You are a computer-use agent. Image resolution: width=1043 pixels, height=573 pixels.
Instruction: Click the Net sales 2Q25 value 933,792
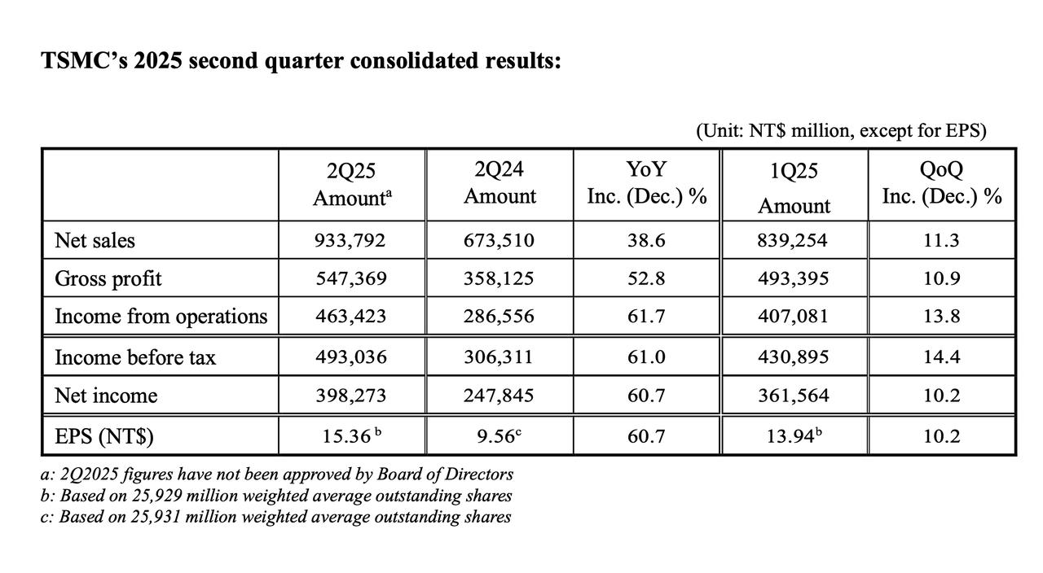(x=350, y=240)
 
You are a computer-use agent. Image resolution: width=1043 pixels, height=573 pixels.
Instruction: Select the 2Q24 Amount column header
(x=499, y=183)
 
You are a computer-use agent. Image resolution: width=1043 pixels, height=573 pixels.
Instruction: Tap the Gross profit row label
(x=108, y=279)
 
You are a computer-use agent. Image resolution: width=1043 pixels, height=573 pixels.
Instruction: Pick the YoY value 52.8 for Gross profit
(x=646, y=278)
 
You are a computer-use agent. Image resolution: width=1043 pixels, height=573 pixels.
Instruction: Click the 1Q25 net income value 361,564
(x=794, y=396)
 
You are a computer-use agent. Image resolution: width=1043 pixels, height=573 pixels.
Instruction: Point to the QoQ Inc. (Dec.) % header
(x=941, y=183)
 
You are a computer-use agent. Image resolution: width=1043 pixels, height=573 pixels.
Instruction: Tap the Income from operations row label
(x=161, y=317)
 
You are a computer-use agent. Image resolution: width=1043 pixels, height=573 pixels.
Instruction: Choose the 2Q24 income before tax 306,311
(x=498, y=356)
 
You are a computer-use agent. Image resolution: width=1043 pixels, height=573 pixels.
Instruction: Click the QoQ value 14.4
(x=941, y=356)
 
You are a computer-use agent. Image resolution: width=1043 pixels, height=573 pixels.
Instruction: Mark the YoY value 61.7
(x=646, y=317)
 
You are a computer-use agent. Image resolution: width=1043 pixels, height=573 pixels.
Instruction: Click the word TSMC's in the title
(x=84, y=60)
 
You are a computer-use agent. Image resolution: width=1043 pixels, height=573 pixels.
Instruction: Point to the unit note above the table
(x=842, y=131)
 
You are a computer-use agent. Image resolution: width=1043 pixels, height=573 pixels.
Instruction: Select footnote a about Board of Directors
(x=277, y=474)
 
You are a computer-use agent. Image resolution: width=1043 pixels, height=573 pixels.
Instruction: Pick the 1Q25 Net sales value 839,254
(x=792, y=240)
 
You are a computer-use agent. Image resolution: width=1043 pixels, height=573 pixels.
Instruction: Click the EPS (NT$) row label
(x=104, y=437)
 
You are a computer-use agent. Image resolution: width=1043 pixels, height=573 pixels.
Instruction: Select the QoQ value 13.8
(x=941, y=317)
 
